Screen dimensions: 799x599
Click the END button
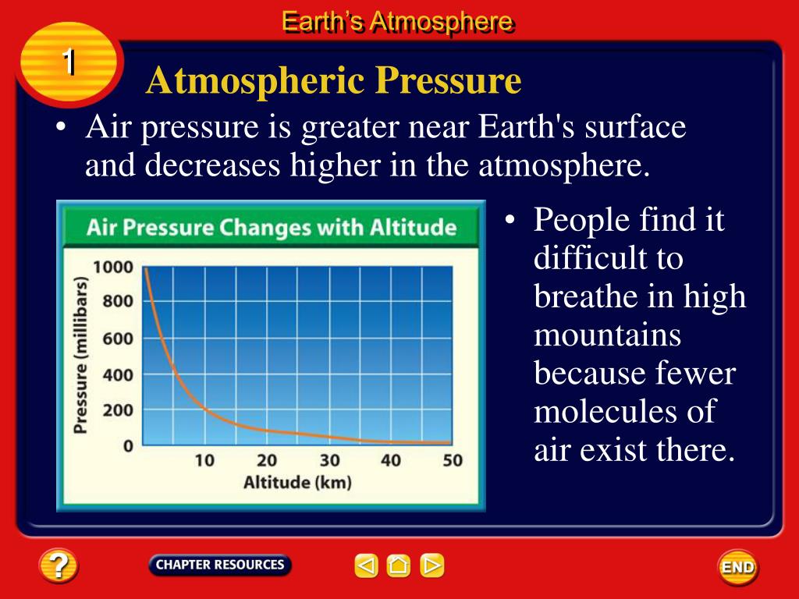pos(738,567)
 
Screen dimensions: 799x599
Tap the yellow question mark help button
pos(59,565)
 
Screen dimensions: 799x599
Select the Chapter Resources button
pos(219,565)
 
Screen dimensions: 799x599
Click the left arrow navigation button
pos(367,565)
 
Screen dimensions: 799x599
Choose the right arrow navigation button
pos(431,565)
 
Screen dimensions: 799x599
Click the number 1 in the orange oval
pos(69,62)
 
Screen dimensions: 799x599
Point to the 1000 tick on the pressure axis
pos(113,267)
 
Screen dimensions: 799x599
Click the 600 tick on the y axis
pos(118,338)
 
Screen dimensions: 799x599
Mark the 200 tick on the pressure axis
pos(118,410)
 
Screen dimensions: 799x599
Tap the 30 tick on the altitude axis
pos(329,460)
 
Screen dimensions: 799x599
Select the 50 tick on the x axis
pos(453,460)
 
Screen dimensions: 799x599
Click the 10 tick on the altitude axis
pos(204,460)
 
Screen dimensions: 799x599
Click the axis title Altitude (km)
pos(297,482)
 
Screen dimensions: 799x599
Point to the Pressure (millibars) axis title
pos(80,355)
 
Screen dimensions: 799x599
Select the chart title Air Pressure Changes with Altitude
pos(271,228)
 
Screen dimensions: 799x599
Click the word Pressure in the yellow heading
pos(449,80)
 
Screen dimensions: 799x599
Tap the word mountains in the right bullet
pos(607,335)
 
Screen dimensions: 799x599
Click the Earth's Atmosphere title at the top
pos(397,22)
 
